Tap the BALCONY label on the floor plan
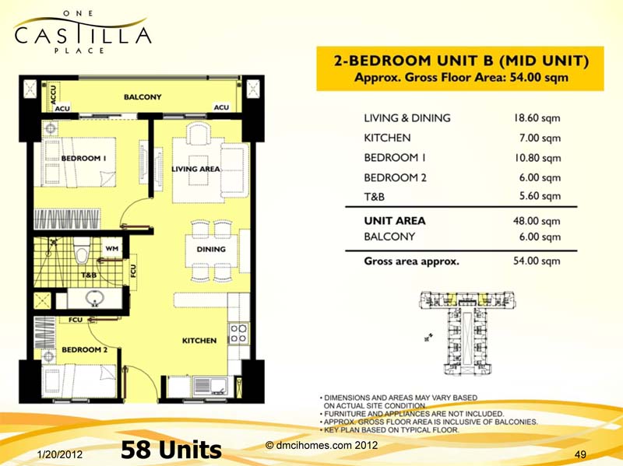(x=143, y=97)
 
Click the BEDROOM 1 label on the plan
(x=83, y=158)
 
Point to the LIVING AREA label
(x=196, y=169)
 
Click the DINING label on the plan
(x=211, y=250)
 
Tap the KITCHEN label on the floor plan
(x=199, y=341)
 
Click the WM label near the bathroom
(x=111, y=249)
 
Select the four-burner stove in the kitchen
(x=238, y=333)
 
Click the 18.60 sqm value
(x=537, y=118)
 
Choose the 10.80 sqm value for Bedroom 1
(x=537, y=158)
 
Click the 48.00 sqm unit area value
(x=537, y=221)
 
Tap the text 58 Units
(x=171, y=450)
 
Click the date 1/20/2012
(x=61, y=453)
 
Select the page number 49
(x=579, y=454)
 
